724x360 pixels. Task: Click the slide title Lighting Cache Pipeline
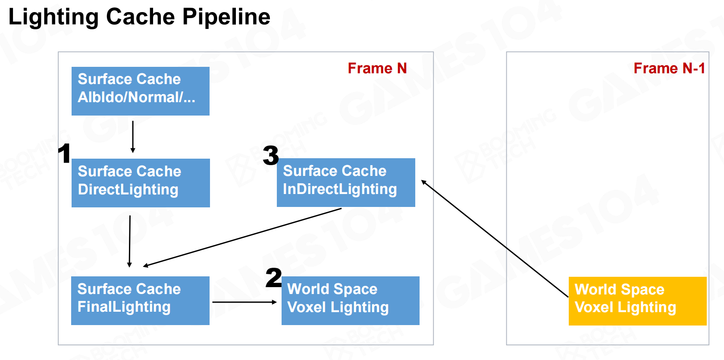139,17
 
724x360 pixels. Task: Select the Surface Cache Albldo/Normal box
140,91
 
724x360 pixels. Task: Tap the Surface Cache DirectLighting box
141,183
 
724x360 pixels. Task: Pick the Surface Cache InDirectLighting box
346,182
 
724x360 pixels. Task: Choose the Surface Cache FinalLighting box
140,301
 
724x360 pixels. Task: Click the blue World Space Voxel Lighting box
350,301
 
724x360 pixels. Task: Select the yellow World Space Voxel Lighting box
637,301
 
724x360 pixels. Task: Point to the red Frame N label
377,68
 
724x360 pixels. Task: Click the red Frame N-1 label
669,68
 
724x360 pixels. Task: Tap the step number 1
65,153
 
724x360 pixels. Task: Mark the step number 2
273,278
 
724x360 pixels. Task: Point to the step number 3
271,155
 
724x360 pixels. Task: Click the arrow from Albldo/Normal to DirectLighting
133,137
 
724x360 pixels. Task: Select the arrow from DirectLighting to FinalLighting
130,241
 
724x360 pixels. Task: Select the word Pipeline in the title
226,17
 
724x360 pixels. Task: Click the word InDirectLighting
340,189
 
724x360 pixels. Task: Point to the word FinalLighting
124,307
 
